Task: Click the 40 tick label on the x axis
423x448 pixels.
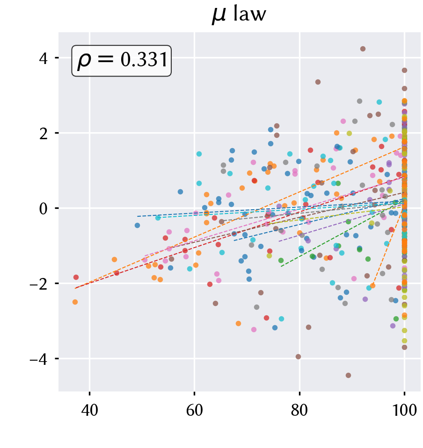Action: pos(89,411)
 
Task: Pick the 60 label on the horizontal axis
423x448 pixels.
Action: pos(194,411)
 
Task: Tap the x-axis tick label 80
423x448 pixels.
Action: pos(299,411)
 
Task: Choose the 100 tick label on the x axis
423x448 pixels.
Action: pos(404,411)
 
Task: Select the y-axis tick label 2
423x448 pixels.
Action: pos(43,133)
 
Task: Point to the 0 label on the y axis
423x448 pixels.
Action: pos(43,208)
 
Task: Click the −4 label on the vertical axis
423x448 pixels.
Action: pos(39,359)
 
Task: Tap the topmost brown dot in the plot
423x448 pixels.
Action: pos(363,49)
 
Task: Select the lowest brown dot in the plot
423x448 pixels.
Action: pos(348,376)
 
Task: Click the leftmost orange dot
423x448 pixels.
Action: pos(75,302)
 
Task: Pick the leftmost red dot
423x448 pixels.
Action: pos(76,277)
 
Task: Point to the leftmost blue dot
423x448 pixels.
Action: pos(138,226)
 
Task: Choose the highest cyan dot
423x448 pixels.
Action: pos(379,102)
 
